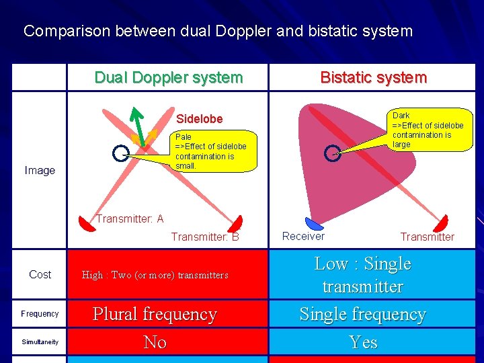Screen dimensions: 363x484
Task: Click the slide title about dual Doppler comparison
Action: pos(218,31)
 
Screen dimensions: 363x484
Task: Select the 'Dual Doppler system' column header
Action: pos(168,77)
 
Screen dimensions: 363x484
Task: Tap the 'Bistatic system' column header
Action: pos(373,77)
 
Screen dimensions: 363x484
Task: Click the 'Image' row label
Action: pos(40,171)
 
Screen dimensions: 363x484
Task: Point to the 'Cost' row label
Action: pos(40,274)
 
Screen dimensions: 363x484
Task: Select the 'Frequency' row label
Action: pos(40,314)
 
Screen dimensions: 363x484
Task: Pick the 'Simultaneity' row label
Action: pos(40,342)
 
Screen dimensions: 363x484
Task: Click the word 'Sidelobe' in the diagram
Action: pos(199,119)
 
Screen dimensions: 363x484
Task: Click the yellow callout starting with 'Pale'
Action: pos(210,151)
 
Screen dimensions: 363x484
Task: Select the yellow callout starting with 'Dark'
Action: pos(427,130)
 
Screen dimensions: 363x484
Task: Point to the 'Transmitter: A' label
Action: pos(130,219)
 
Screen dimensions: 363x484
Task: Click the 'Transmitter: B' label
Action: pos(205,237)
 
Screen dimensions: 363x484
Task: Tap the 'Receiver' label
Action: pos(303,236)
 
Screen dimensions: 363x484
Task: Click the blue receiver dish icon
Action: pos(314,223)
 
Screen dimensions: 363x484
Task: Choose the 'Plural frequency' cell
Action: pos(155,315)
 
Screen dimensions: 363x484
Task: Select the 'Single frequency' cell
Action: pos(362,315)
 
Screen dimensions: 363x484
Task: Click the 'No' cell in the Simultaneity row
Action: pos(155,342)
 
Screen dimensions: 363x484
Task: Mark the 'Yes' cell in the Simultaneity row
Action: pos(363,342)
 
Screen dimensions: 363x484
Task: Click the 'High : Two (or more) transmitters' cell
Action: pos(155,275)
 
